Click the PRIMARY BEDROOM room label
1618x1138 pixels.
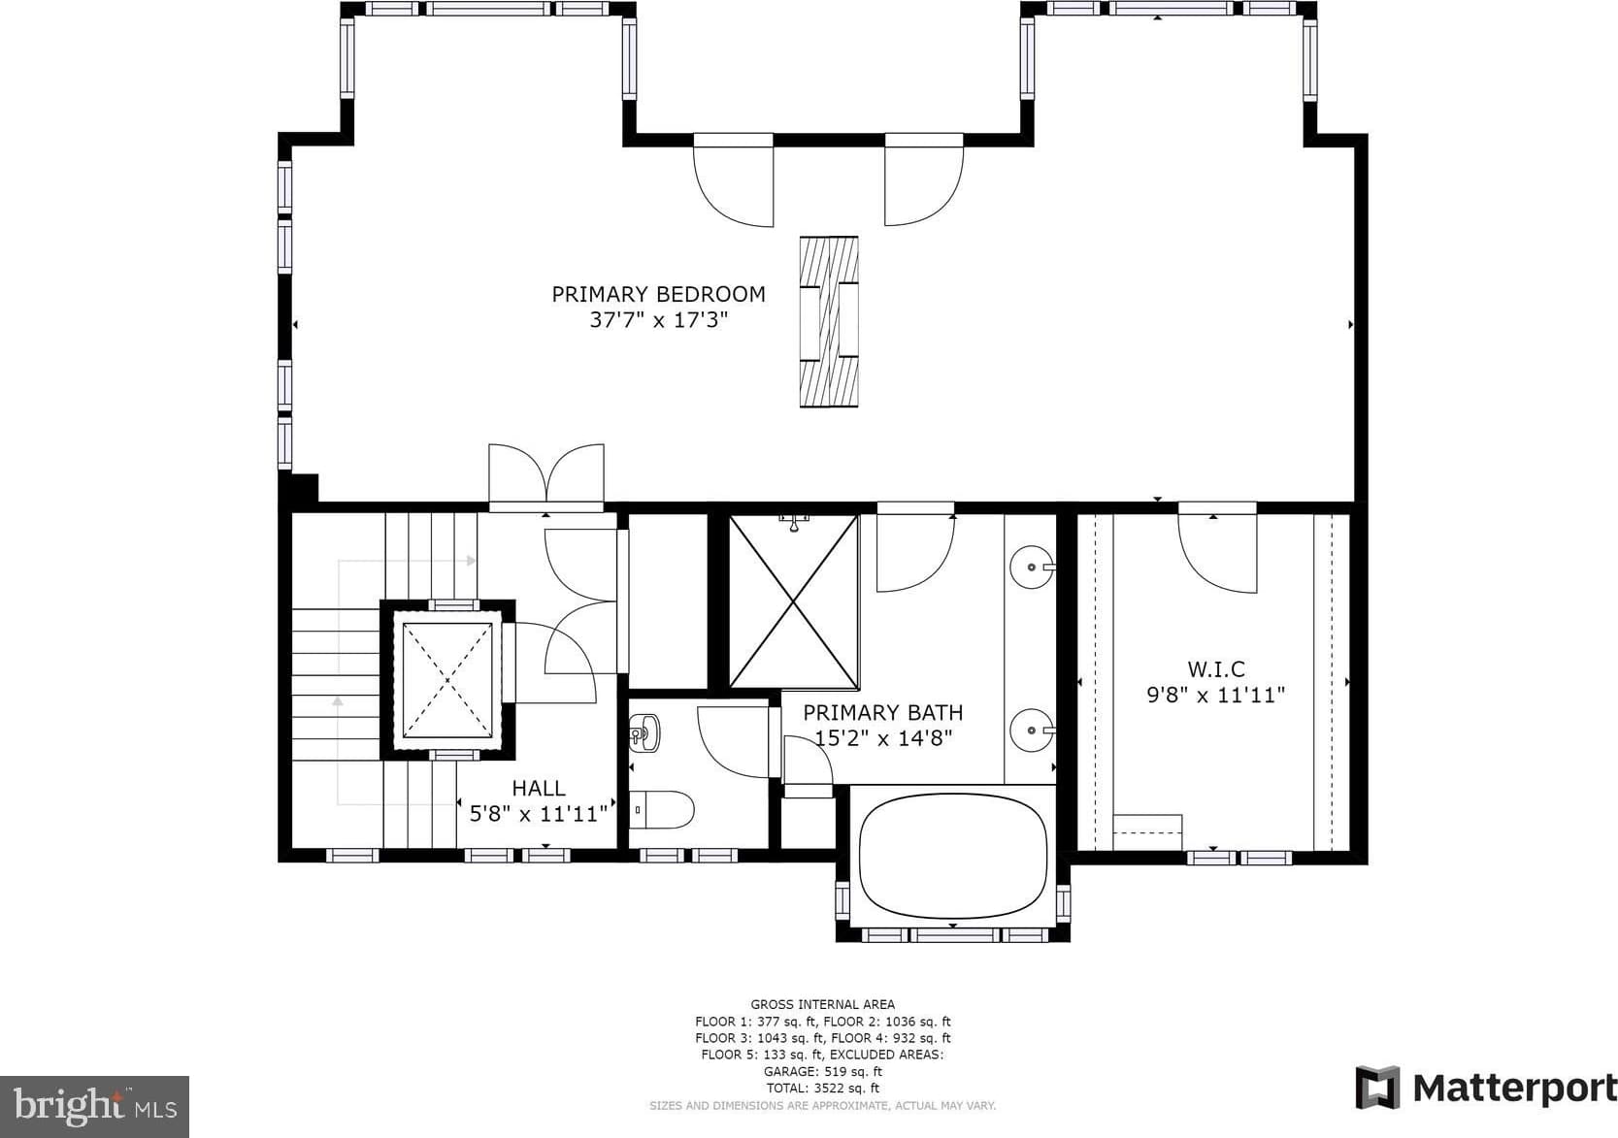[x=658, y=294]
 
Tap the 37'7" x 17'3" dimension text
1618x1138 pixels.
[x=658, y=320]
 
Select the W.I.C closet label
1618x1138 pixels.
[x=1216, y=669]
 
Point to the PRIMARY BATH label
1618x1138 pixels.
[x=882, y=713]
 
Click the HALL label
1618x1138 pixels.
[x=538, y=788]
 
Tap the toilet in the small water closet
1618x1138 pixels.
[x=662, y=809]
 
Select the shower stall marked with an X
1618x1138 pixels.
[x=794, y=601]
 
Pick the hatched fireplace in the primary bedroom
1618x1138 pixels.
[x=829, y=322]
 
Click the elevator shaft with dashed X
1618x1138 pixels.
[x=447, y=680]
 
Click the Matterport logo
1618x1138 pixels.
[x=1486, y=1088]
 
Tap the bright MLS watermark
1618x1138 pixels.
[x=94, y=1106]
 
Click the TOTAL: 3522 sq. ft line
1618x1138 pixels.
[x=823, y=1089]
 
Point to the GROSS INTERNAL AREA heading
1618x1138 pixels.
[x=823, y=1004]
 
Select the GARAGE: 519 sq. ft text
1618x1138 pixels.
[x=823, y=1072]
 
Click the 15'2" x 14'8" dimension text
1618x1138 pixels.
[x=883, y=738]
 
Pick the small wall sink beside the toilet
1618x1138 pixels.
[x=644, y=732]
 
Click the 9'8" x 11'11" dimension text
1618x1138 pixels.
[x=1216, y=696]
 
